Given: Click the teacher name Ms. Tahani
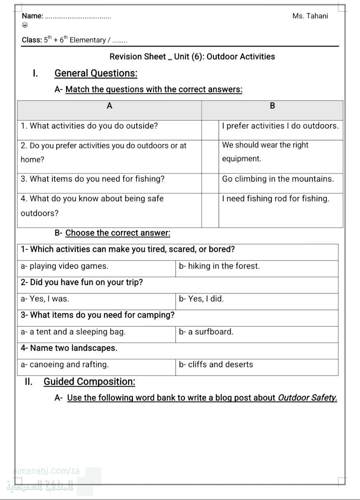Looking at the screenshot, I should (310, 16).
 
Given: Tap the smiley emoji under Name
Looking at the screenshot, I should (25, 25).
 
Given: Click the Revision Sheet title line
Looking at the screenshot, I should (192, 57).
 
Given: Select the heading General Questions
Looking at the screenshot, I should (96, 73).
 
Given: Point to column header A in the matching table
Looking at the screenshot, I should (109, 106).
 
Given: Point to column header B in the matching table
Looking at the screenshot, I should (273, 106).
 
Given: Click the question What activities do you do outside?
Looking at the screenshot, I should (89, 126).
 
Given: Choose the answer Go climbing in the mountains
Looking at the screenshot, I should (278, 179).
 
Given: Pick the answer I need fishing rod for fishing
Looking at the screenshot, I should (276, 198).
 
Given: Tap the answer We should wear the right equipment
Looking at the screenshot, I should (266, 152).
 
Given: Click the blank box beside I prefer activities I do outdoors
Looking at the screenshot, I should (210, 130).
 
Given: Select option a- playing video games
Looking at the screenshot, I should (64, 266).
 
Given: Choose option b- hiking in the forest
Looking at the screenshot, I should (219, 266).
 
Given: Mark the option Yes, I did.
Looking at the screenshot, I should (201, 299).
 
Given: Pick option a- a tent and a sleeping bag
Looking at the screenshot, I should (73, 332).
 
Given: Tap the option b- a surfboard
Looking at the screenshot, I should (206, 332).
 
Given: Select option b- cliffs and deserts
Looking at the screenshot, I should (216, 364).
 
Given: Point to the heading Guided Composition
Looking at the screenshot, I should (89, 382).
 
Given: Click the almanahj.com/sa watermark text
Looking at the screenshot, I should (46, 471).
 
